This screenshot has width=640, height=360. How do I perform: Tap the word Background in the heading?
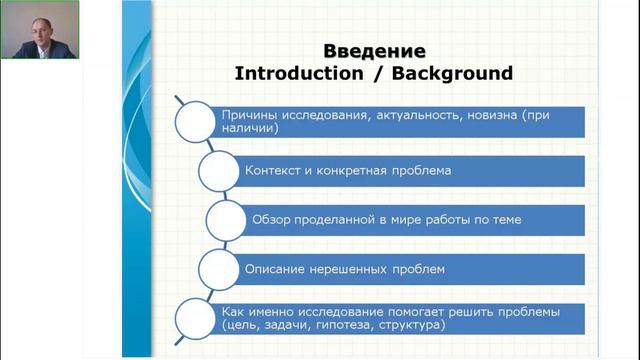456,73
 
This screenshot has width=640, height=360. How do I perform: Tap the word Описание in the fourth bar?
276,269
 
